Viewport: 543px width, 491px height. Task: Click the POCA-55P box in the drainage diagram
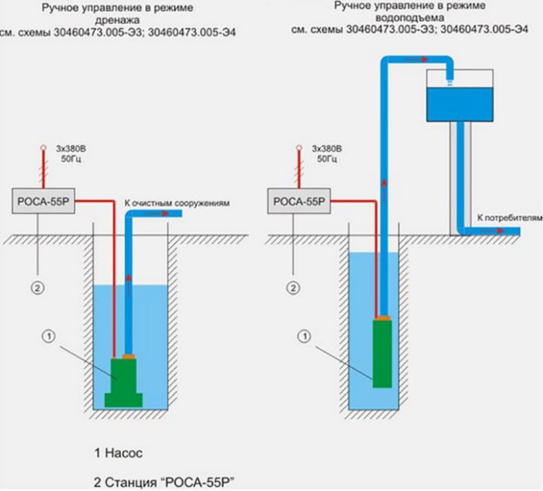(x=41, y=201)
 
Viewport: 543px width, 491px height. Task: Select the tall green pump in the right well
(x=383, y=353)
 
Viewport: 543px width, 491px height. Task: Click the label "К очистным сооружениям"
(x=178, y=203)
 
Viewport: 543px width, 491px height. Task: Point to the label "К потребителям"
(x=510, y=218)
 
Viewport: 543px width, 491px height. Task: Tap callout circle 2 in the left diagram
(x=38, y=288)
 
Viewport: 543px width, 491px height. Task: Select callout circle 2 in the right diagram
(x=294, y=288)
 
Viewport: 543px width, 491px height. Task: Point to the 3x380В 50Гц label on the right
(x=326, y=153)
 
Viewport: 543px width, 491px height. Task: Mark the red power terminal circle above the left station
(x=41, y=146)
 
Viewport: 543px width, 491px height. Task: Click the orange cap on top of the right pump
(x=383, y=317)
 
